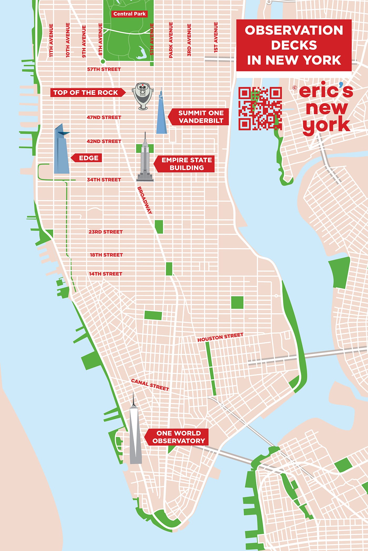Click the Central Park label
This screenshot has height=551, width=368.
point(129,14)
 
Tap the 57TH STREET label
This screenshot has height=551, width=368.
point(104,69)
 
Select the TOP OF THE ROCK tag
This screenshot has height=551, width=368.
point(86,93)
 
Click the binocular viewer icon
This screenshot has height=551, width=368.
point(142,96)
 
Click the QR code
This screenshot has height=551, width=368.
point(260,108)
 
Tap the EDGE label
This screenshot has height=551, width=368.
point(89,158)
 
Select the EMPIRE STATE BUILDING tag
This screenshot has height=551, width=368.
point(186,164)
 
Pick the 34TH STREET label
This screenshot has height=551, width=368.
point(104,180)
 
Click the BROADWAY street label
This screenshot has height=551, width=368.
point(145,200)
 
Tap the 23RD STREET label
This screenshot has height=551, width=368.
point(105,232)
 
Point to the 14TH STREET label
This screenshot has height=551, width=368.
point(105,274)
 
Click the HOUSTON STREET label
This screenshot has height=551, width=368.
point(220,337)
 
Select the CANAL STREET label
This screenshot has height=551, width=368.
point(150,385)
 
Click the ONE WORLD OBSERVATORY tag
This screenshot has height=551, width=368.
point(178,437)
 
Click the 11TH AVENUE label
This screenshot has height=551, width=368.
point(51,40)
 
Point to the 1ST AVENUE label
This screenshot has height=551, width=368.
point(216,37)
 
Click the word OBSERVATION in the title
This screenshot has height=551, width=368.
point(294,30)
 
